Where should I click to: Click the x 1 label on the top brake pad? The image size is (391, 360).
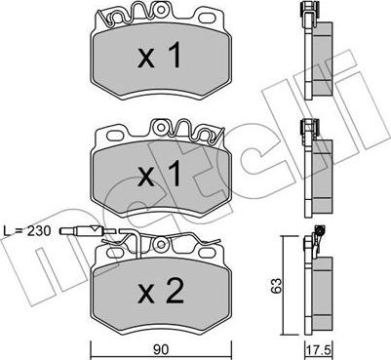click(x=159, y=56)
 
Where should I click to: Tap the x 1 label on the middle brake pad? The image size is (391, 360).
click(x=159, y=174)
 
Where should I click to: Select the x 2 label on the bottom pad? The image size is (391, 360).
click(x=160, y=291)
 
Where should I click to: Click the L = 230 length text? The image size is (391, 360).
click(x=27, y=231)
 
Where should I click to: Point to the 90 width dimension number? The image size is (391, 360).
click(x=161, y=349)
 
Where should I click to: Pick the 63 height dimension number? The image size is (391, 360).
click(x=277, y=286)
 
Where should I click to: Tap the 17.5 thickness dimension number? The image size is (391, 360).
click(x=319, y=350)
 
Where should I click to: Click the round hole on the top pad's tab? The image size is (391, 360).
click(x=161, y=10)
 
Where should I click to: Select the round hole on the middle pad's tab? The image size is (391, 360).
click(x=161, y=127)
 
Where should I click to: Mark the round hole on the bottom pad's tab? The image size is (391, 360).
click(x=160, y=245)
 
